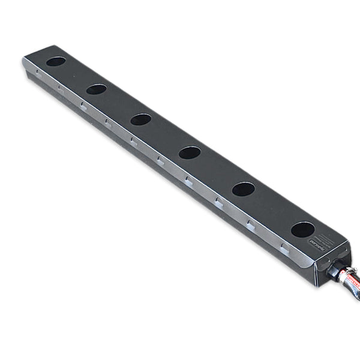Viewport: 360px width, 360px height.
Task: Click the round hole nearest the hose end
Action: coord(302,229)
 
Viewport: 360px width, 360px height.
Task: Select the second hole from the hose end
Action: coord(243,189)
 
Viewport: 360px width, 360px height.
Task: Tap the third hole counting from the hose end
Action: coord(190,152)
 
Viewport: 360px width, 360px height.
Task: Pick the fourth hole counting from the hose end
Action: coord(140,119)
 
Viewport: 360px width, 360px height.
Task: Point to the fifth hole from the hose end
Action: coord(96,89)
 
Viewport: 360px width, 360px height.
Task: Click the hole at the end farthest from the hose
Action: coord(56,61)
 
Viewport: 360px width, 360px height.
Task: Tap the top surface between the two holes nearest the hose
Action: coord(273,209)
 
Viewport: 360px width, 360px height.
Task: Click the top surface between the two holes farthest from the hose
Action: coord(76,76)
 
